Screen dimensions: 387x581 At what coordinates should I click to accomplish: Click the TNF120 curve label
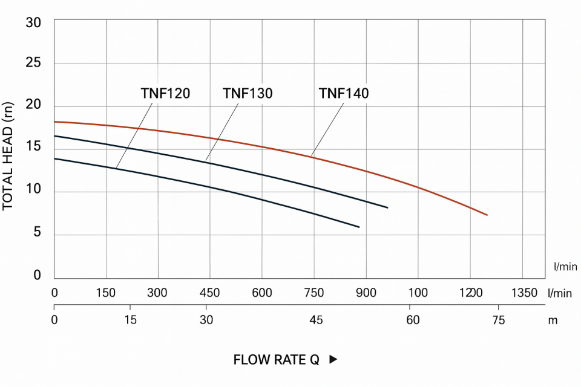click(165, 94)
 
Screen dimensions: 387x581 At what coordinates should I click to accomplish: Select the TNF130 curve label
click(248, 94)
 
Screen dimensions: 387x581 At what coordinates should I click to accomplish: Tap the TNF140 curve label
click(344, 94)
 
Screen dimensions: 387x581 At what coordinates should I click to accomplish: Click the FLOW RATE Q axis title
click(276, 360)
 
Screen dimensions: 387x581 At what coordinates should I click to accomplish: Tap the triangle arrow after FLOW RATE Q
click(333, 359)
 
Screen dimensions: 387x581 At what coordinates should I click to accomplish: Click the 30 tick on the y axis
click(33, 24)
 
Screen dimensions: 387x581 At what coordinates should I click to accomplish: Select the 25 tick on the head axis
click(33, 63)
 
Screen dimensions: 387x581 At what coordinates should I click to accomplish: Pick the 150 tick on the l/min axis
click(105, 293)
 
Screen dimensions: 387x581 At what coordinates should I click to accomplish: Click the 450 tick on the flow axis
click(209, 293)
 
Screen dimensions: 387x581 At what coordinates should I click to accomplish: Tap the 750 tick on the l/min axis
click(313, 293)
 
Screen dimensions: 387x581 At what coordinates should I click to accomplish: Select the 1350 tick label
click(524, 293)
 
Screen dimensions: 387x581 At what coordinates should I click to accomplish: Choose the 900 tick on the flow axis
click(366, 293)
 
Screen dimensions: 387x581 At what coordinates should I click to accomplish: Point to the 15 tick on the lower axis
click(130, 320)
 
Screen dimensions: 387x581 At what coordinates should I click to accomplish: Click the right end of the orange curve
click(487, 215)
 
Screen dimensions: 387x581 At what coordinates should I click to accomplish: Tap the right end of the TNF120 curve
click(359, 227)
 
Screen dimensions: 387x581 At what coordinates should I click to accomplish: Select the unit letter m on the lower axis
click(552, 320)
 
